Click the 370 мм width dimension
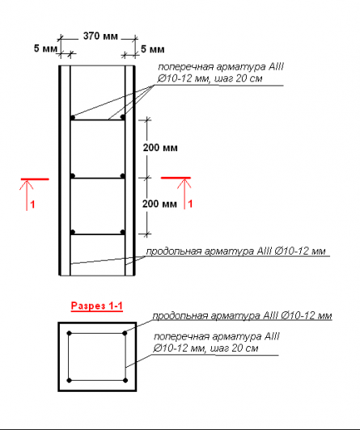pyautogui.click(x=100, y=36)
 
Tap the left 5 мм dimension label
pyautogui.click(x=45, y=48)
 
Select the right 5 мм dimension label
pyautogui.click(x=153, y=49)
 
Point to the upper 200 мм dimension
pyautogui.click(x=160, y=148)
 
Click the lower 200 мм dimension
pyautogui.click(x=159, y=204)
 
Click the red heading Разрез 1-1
pyautogui.click(x=97, y=306)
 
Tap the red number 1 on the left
pyautogui.click(x=32, y=204)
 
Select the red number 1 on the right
pyautogui.click(x=190, y=204)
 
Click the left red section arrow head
pyautogui.click(x=27, y=184)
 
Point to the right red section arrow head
pyautogui.click(x=184, y=183)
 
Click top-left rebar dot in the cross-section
pyautogui.click(x=69, y=333)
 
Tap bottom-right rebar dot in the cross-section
pyautogui.click(x=125, y=381)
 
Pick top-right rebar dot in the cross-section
pyautogui.click(x=125, y=333)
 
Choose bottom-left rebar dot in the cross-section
pyautogui.click(x=69, y=381)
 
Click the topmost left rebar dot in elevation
pyautogui.click(x=73, y=117)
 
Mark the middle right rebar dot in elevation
pyautogui.click(x=123, y=175)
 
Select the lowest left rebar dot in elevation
pyautogui.click(x=73, y=232)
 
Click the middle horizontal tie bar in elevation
pyautogui.click(x=98, y=179)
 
